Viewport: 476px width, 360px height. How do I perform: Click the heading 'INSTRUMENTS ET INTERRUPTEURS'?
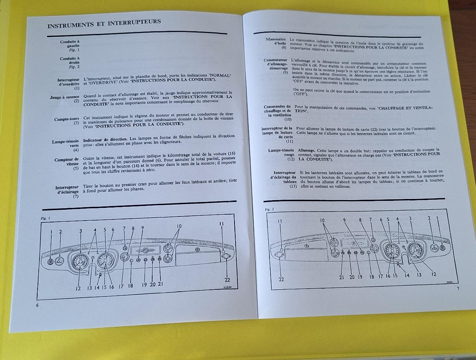point(104,23)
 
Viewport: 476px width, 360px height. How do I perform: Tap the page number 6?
point(37,305)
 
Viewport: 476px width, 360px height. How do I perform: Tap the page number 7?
point(458,288)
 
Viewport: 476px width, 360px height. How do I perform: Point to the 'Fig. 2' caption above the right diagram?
point(269,209)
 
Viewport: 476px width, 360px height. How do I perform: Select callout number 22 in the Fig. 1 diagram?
point(227,280)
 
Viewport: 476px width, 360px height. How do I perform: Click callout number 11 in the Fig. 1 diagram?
point(221,224)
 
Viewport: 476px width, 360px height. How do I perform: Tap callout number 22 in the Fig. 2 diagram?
point(281,279)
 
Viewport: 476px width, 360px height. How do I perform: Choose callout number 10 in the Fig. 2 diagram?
point(322,220)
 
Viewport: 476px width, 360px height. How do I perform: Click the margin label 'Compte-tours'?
point(67,119)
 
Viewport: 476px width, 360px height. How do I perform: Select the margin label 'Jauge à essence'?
point(65,97)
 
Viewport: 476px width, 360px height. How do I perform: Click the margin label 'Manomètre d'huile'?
point(276,41)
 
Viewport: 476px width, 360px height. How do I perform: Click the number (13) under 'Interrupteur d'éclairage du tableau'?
point(293,186)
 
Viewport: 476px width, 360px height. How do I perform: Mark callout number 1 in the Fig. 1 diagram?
point(51,232)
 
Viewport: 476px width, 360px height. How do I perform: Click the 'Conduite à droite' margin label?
point(70,61)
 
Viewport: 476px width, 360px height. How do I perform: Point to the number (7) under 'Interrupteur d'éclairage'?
point(76,196)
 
